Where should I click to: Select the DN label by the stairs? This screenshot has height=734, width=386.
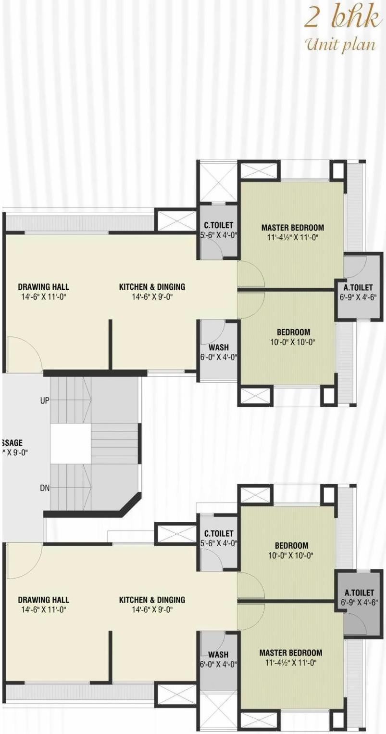tap(44, 488)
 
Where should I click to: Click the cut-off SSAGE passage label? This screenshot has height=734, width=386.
tap(12, 442)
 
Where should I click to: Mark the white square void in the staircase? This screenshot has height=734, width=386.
tap(70, 443)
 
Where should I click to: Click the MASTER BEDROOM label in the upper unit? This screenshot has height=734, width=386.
tap(292, 227)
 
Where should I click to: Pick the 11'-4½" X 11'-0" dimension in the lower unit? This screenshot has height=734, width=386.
tap(290, 663)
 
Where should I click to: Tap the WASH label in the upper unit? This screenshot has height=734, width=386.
tap(218, 348)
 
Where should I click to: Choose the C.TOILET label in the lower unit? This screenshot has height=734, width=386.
tap(218, 534)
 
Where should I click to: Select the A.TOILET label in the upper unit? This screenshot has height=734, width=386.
tap(358, 288)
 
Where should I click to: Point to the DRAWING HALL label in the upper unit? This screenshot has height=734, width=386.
tap(43, 287)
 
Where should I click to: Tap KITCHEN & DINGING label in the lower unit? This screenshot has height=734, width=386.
tap(152, 600)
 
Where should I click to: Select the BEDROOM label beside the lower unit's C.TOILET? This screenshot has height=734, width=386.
tap(291, 546)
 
